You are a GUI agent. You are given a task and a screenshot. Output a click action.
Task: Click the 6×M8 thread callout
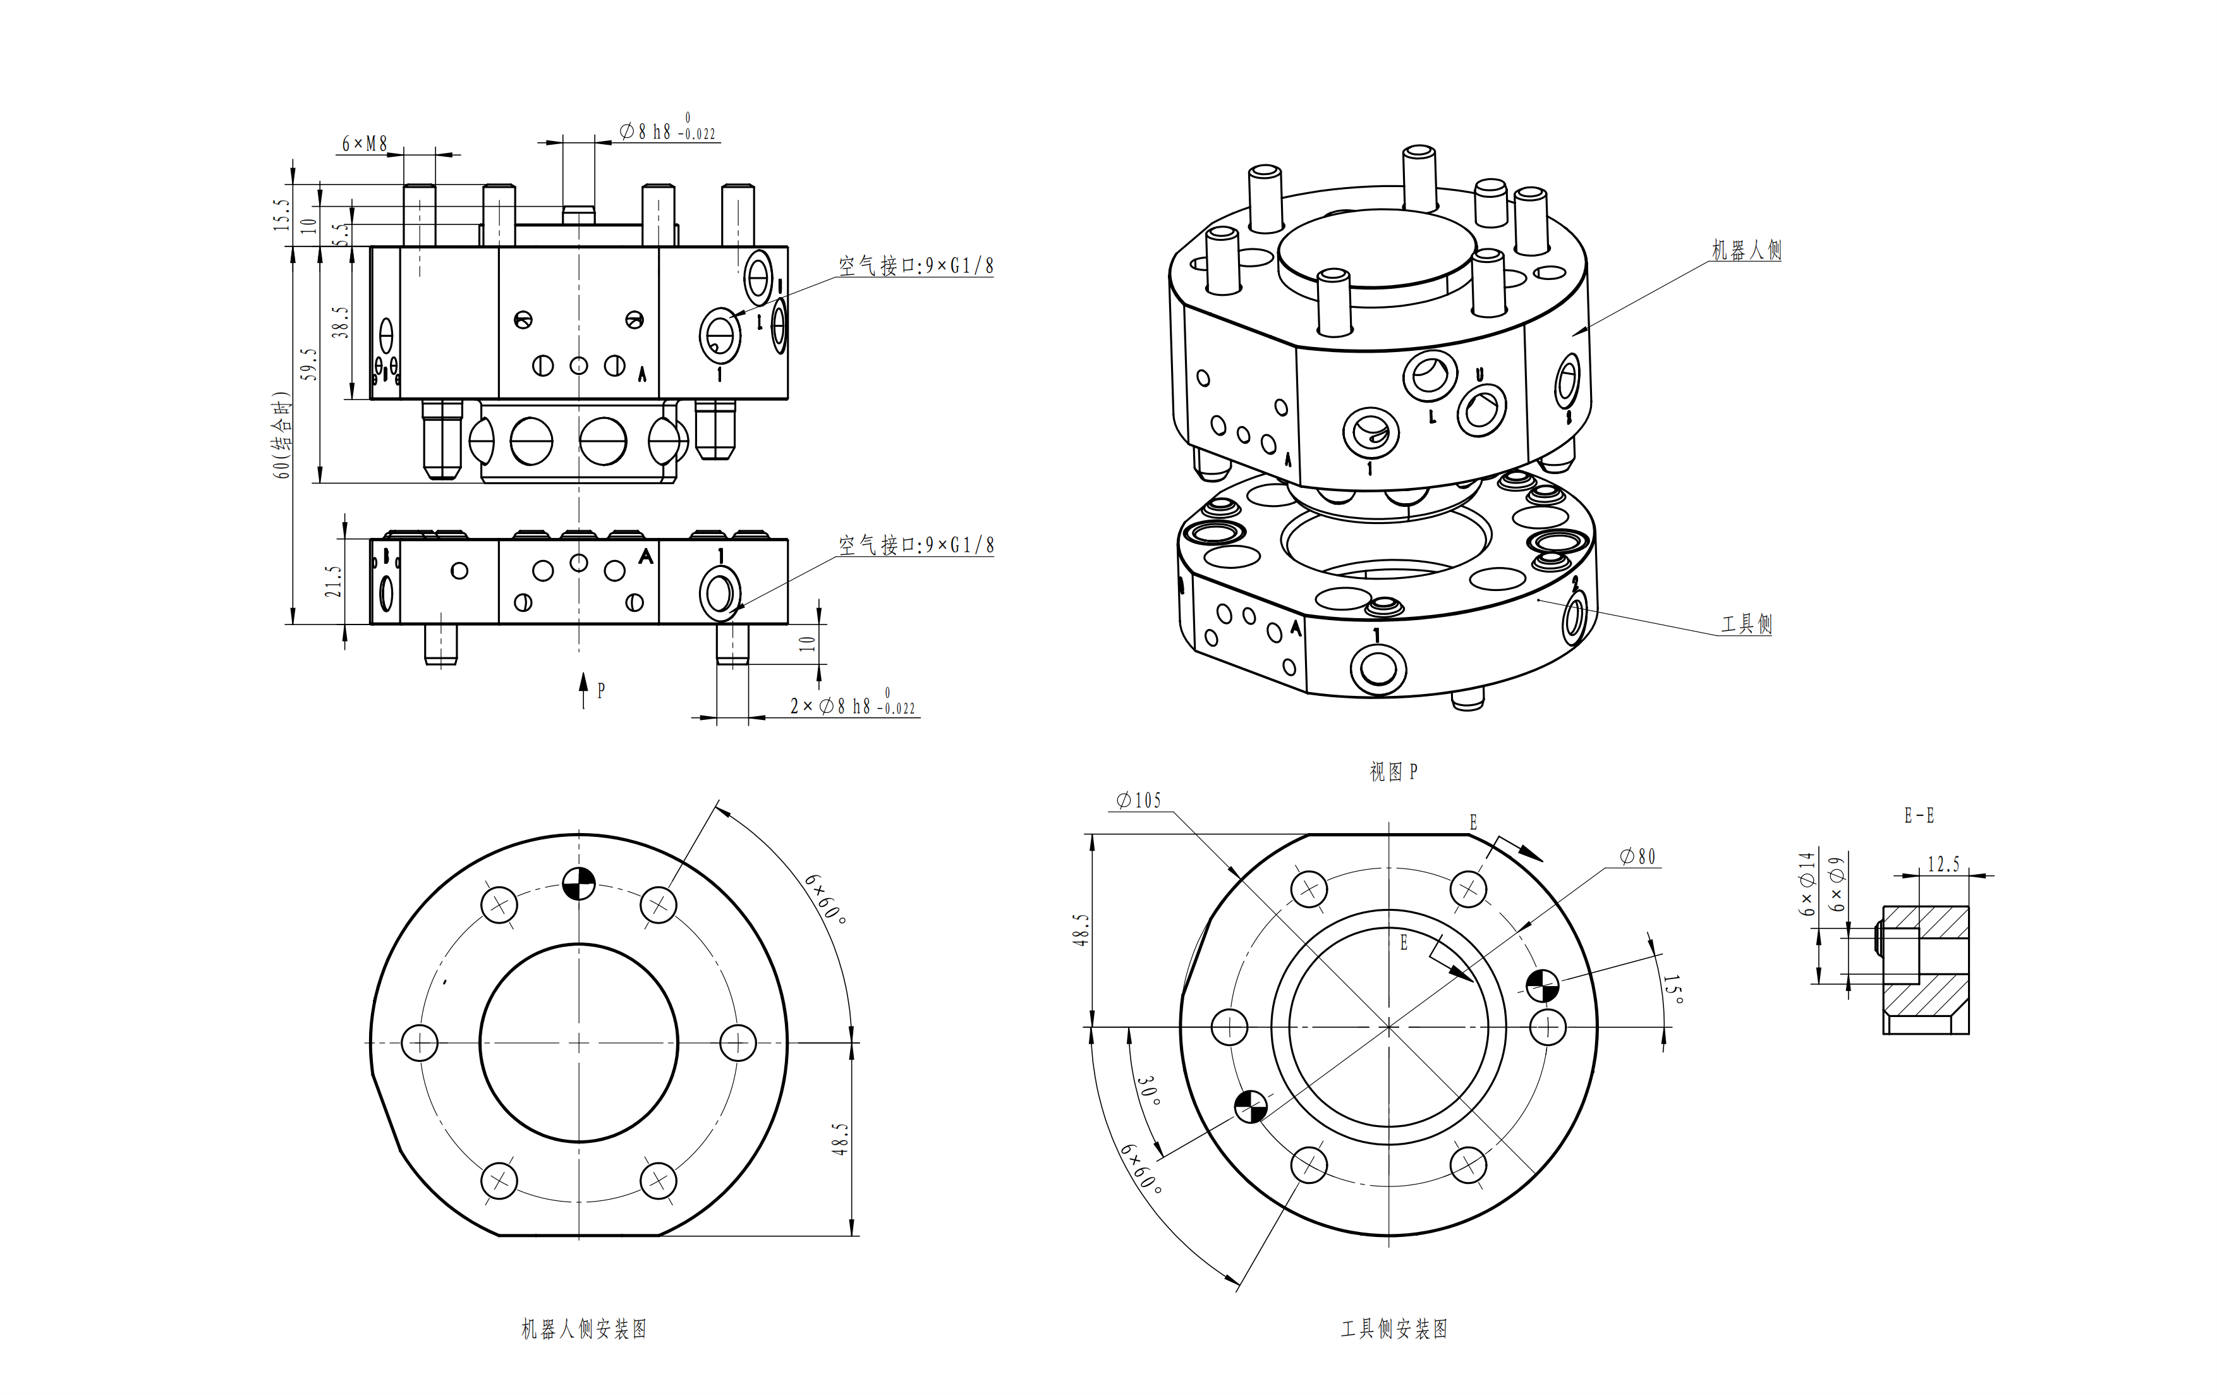click(x=365, y=143)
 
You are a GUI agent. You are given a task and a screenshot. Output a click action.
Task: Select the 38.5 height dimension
click(x=341, y=322)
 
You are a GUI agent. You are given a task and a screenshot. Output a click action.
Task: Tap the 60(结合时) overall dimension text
click(x=281, y=435)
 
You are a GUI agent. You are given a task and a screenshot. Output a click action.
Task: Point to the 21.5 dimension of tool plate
click(x=333, y=581)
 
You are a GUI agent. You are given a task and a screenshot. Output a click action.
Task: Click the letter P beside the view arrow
click(x=601, y=690)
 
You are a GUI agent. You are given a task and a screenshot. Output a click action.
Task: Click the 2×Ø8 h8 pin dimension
click(x=852, y=706)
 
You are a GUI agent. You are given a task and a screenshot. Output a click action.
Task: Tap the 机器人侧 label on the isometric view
click(x=1746, y=250)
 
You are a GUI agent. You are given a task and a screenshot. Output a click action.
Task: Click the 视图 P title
click(x=1393, y=772)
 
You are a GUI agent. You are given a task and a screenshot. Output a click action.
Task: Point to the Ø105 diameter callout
click(x=1139, y=800)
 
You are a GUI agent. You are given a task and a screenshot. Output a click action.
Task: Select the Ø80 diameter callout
click(x=1638, y=856)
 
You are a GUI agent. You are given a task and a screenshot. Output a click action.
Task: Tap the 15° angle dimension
click(x=1673, y=990)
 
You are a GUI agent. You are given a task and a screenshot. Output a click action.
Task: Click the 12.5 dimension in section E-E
click(x=1943, y=863)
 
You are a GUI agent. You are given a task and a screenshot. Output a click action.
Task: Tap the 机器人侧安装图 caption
click(x=584, y=1329)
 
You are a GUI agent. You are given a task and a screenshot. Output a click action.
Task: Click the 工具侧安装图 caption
click(x=1394, y=1329)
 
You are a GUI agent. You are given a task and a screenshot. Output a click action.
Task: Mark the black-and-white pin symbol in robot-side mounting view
click(x=578, y=883)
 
